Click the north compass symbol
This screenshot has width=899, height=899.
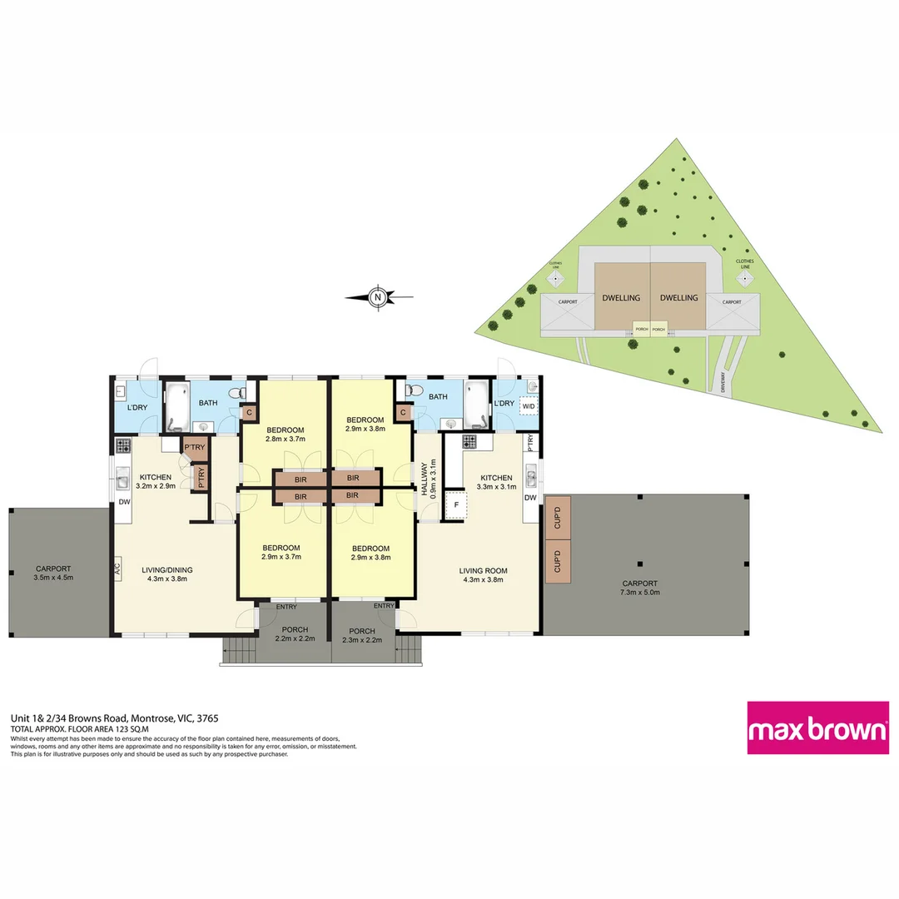coord(378,296)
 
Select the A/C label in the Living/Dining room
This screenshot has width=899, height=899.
coord(117,570)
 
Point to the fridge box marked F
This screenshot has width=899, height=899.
coord(454,505)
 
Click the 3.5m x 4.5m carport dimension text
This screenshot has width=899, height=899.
coord(53,577)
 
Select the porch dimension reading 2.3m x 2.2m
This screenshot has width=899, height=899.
coord(362,640)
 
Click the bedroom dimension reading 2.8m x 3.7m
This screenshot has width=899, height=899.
coord(286,439)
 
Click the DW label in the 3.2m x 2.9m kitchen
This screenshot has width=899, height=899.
coord(122,502)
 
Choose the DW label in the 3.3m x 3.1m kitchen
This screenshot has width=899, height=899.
coord(530,498)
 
